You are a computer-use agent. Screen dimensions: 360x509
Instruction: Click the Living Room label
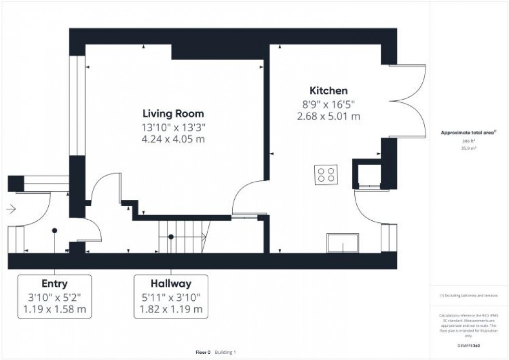173,113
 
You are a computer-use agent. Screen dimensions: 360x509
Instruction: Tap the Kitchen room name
329,90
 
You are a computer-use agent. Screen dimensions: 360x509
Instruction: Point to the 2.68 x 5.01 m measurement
329,116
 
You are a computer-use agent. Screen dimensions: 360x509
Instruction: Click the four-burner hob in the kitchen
326,174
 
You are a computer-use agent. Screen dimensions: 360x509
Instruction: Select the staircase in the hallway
183,236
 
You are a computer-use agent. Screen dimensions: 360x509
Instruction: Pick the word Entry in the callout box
55,284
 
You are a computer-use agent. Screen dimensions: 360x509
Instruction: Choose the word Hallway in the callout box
171,284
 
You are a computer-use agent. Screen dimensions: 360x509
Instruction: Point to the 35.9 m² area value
469,148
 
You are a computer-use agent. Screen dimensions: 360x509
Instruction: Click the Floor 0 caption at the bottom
203,352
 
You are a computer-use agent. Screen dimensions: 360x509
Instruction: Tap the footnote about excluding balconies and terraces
469,296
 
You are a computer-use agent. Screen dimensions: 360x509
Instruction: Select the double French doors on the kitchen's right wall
408,101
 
